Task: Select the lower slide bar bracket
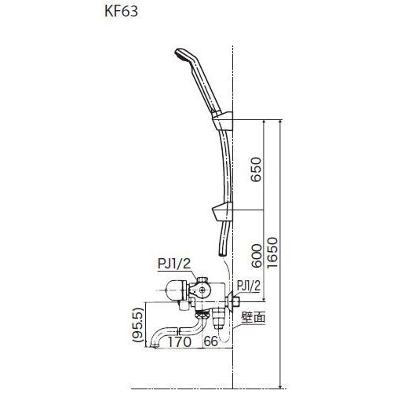(222, 210)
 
